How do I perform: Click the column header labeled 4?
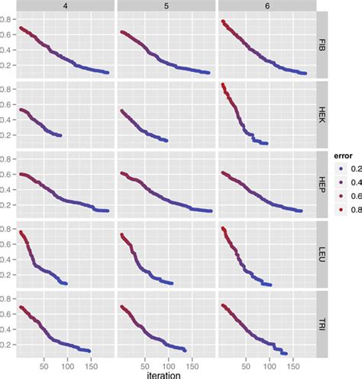coord(66,5)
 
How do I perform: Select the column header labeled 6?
coord(267,5)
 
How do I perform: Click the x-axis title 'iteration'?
coord(166,374)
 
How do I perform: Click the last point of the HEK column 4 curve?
coord(60,136)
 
